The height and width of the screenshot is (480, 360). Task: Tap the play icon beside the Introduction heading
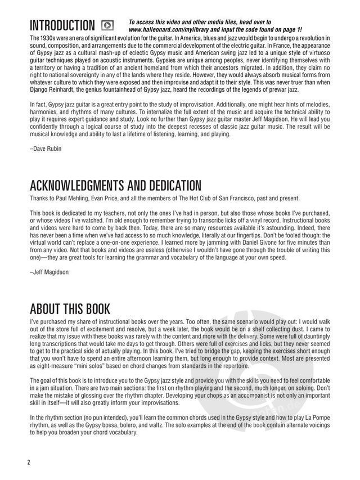107,25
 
